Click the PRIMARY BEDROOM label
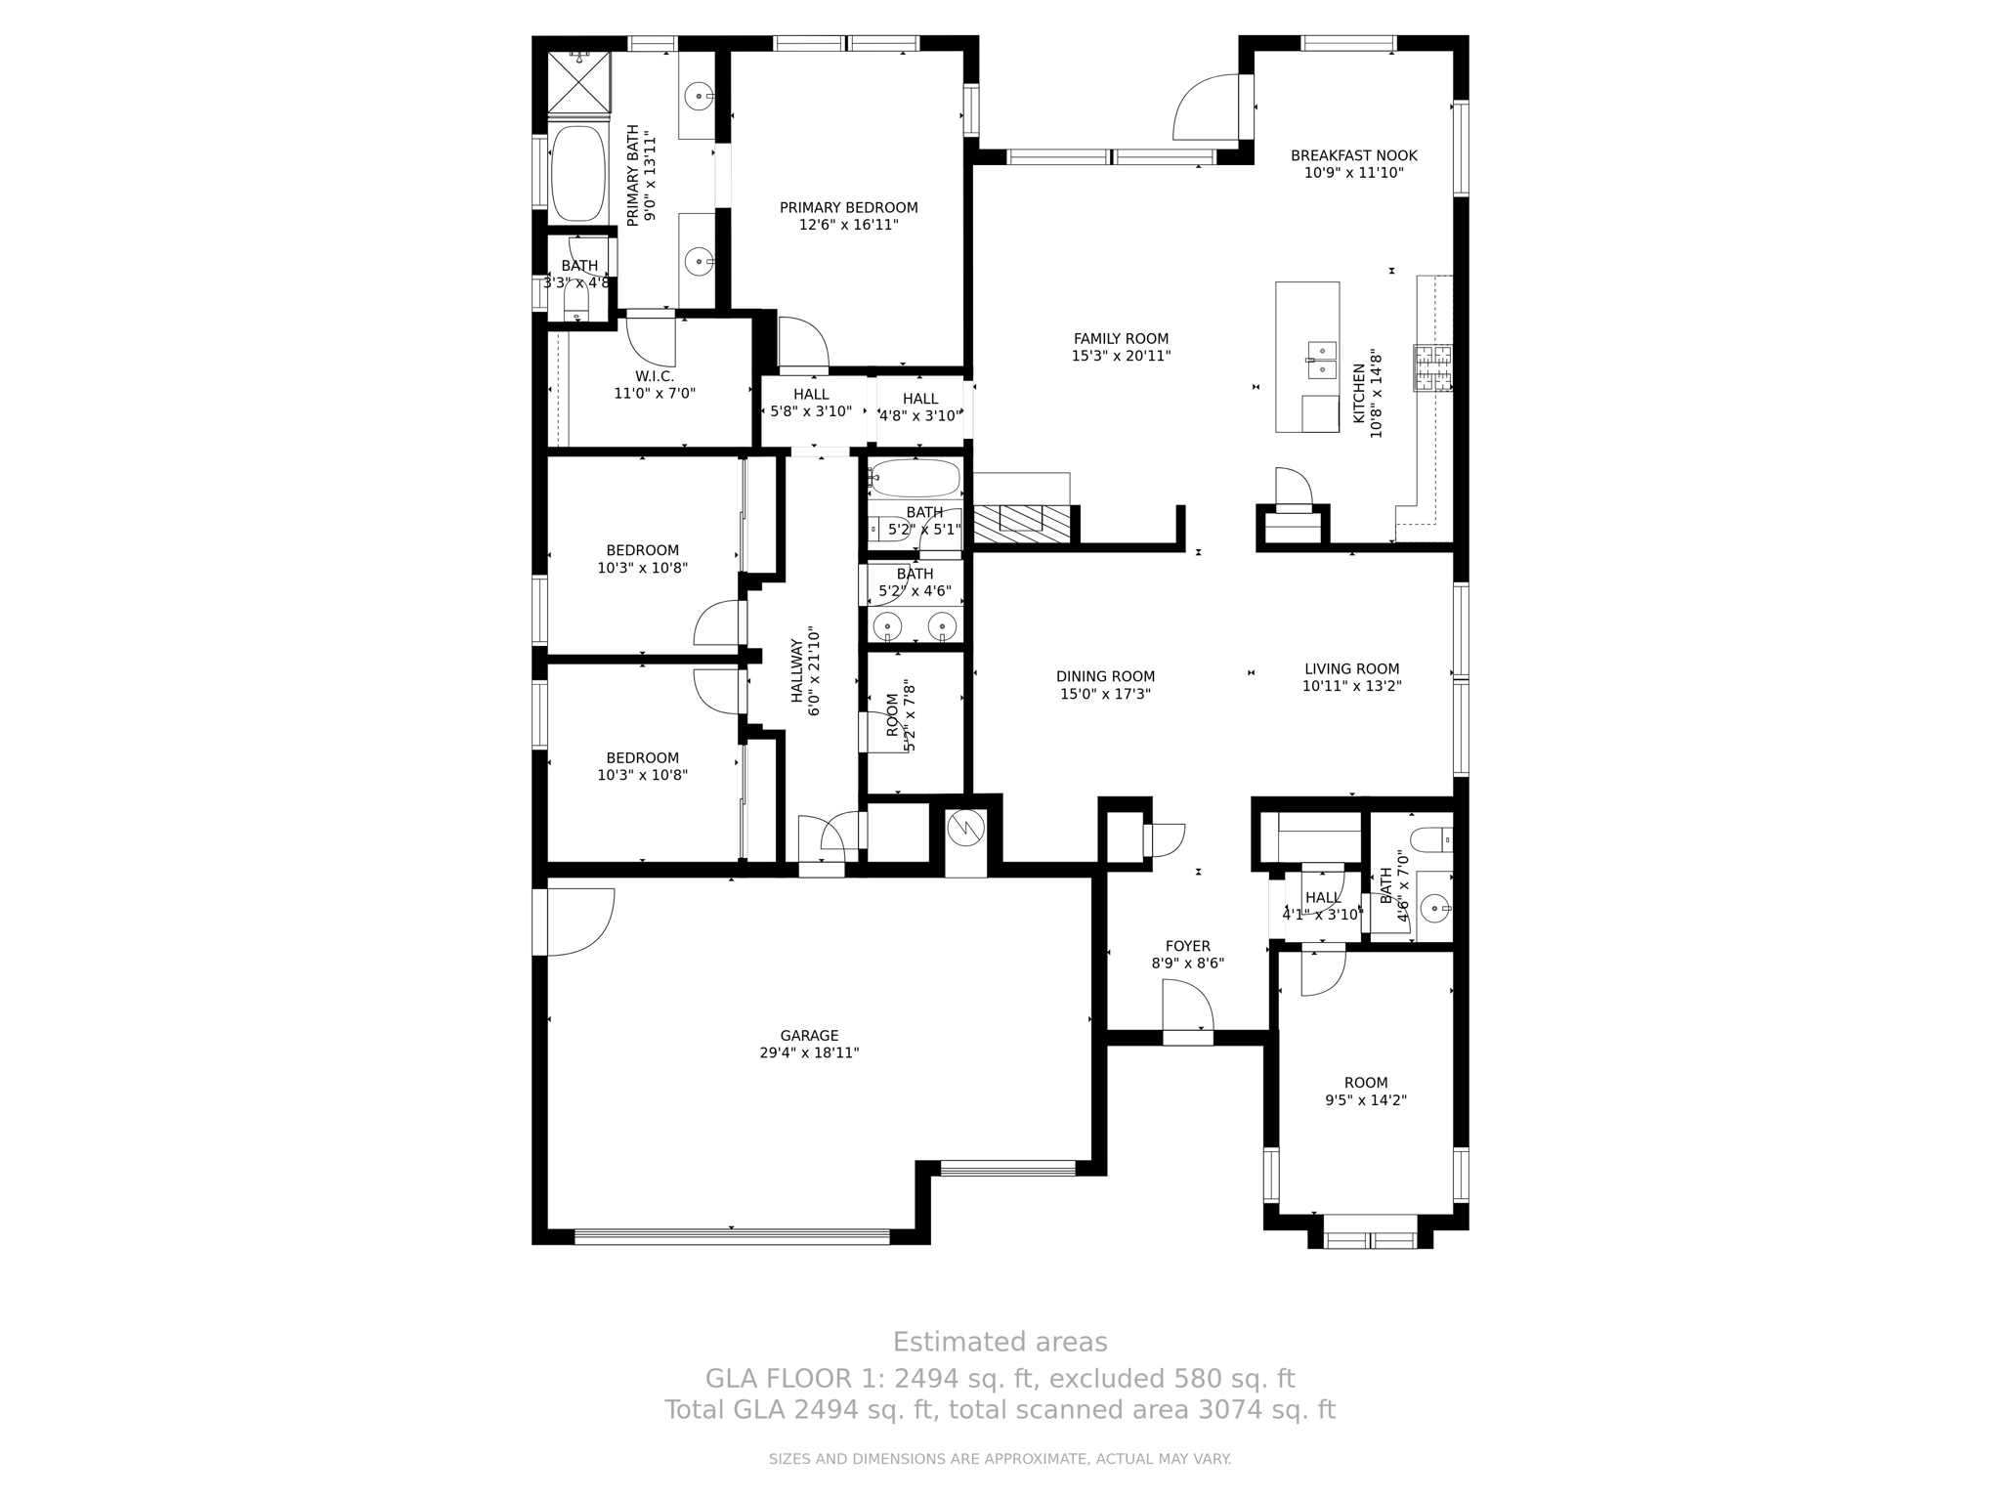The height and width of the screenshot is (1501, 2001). coord(848,207)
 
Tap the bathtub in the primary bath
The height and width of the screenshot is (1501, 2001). coord(578,174)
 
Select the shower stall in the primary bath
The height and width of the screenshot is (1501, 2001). coord(578,81)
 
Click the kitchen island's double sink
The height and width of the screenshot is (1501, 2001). coord(1321,360)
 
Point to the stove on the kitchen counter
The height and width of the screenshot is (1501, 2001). coord(1432,368)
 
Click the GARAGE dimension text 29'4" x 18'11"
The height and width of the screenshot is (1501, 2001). coord(809,1053)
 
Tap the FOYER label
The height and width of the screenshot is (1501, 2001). coord(1187,946)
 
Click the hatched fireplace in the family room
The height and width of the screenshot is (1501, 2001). coord(1022,524)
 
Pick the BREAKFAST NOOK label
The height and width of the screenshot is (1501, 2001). coord(1353,155)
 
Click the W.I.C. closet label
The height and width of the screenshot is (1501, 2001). coord(654,376)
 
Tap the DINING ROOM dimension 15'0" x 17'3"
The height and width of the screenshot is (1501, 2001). coord(1105,694)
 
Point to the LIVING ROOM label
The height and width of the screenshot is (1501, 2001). coord(1351,669)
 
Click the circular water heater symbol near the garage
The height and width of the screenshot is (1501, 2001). coord(966,830)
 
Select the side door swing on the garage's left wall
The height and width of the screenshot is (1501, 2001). coord(580,921)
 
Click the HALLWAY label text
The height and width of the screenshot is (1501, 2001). coord(797,671)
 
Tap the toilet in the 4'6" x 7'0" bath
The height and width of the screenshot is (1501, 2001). coord(1432,838)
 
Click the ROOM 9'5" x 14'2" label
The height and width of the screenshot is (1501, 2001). coord(1365,1083)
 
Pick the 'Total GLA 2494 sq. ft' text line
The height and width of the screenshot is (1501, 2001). coord(1000,1410)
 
